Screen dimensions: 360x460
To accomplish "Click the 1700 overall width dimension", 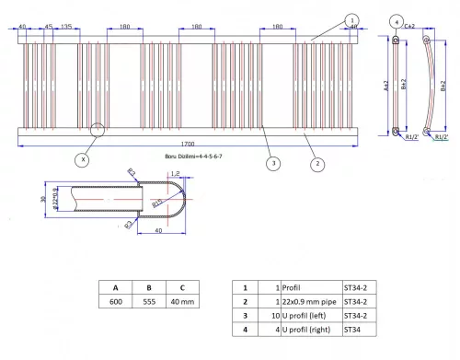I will point(189,144).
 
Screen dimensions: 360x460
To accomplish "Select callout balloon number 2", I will point(317,164).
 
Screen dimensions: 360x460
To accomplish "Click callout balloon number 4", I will point(396,20).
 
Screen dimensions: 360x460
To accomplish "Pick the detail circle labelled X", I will point(83,158).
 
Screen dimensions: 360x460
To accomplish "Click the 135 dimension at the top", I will point(67,26).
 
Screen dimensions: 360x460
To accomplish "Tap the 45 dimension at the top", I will point(48,26).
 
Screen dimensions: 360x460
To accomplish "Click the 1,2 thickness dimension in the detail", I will point(175,173).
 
